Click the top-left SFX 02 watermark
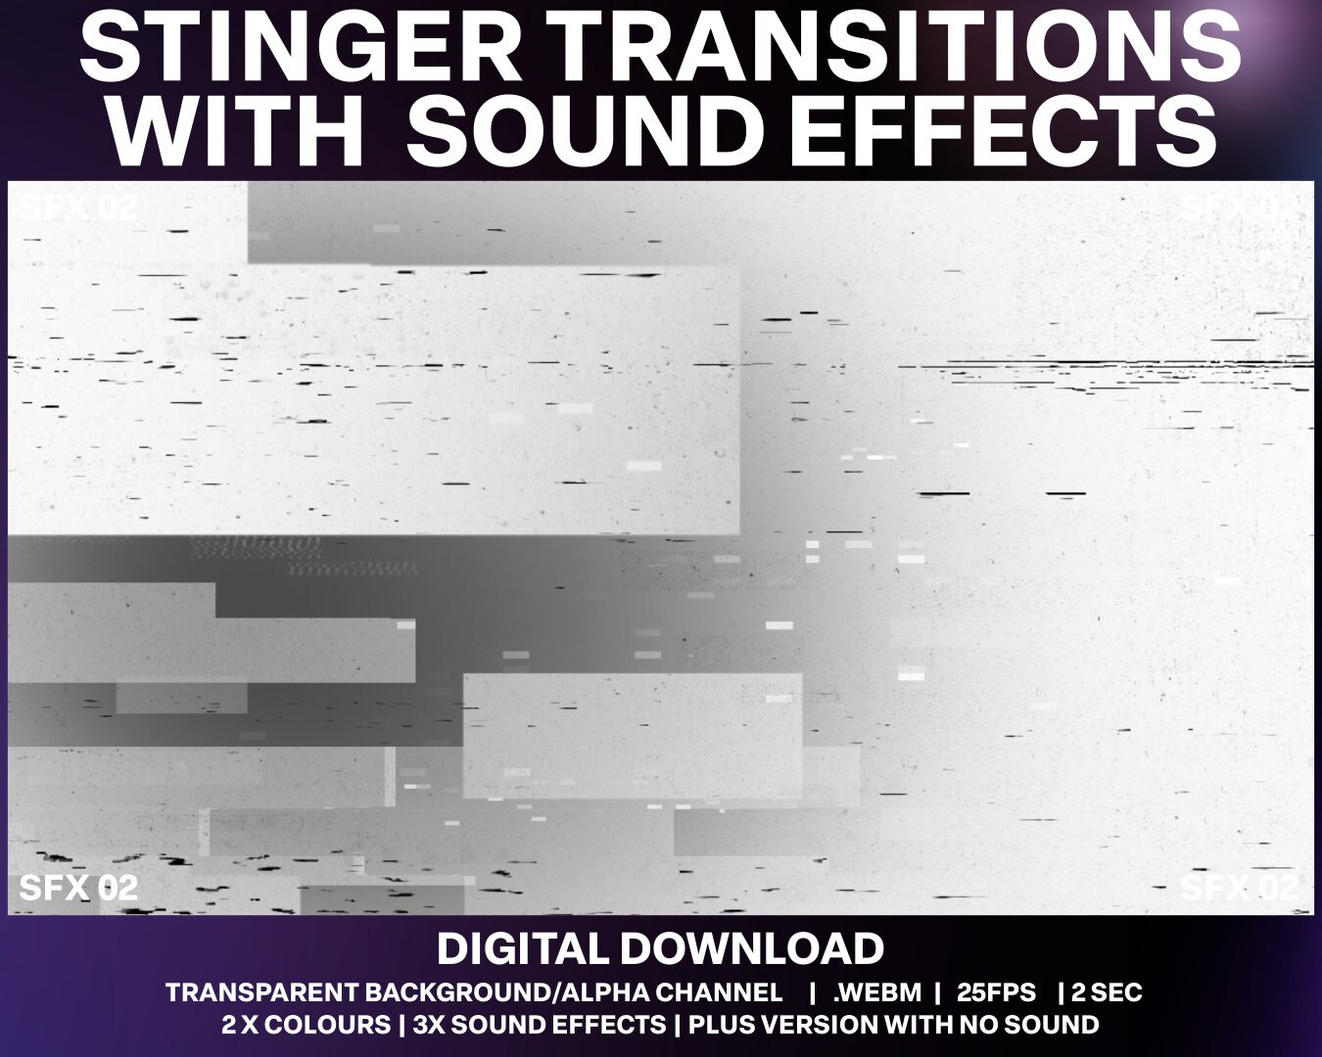(x=78, y=207)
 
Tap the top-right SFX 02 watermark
(x=1241, y=207)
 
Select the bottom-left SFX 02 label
(x=78, y=888)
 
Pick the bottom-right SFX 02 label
(x=1240, y=888)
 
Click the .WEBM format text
(x=877, y=992)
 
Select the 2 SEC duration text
(x=1107, y=992)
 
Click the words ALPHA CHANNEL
(x=677, y=992)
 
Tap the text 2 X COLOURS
(x=306, y=1025)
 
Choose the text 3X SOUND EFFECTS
(x=540, y=1025)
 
